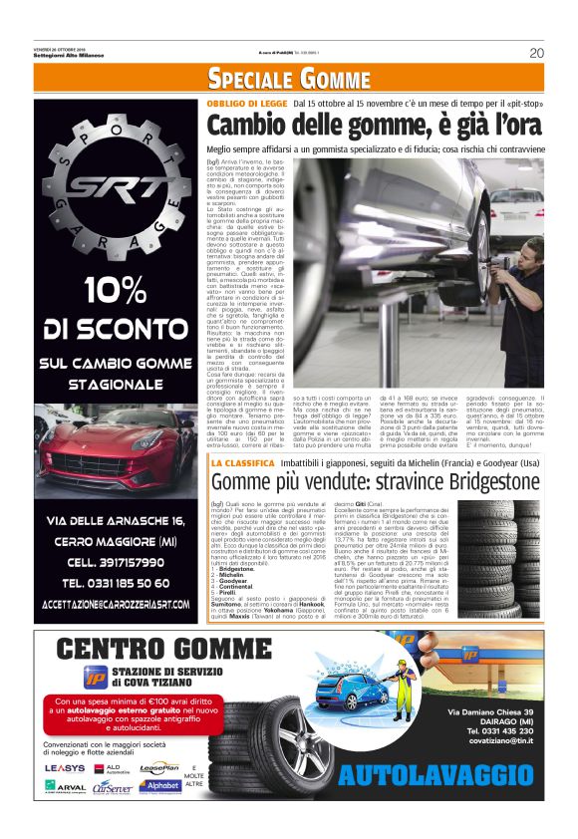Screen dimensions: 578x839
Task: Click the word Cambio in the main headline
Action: [x=249, y=127]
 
